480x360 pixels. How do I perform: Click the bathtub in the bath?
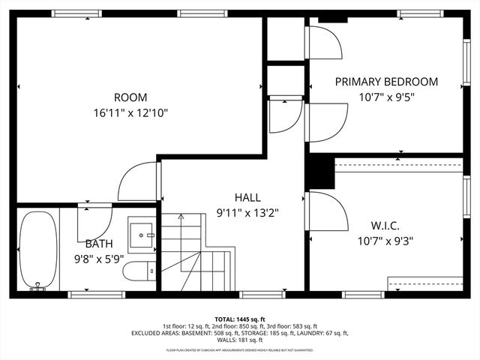pos(35,250)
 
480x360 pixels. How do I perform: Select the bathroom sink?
pos(141,235)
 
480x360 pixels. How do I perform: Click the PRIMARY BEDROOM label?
pos(386,82)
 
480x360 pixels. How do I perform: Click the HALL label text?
pos(247,197)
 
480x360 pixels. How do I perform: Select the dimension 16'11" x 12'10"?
pos(130,112)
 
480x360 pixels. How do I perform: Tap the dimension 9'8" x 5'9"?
pos(99,258)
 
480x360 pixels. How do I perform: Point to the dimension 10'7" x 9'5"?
pos(386,97)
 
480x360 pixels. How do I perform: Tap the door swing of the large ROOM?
pos(137,181)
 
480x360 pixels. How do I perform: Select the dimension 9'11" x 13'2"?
pos(247,212)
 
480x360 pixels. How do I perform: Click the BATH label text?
pos(99,244)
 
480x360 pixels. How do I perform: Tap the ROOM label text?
pos(130,97)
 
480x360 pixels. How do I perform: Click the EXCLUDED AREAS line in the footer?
pos(240,333)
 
